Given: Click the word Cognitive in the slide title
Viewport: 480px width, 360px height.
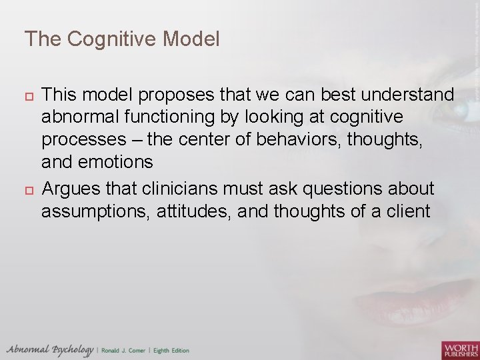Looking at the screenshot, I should pyautogui.click(x=107, y=39).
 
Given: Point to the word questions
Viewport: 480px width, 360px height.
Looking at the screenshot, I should pyautogui.click(x=347, y=189).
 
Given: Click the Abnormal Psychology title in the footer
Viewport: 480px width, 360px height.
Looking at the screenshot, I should pyautogui.click(x=49, y=349).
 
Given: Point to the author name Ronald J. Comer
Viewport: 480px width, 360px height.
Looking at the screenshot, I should pyautogui.click(x=124, y=351).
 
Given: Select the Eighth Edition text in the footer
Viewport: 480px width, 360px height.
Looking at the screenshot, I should pyautogui.click(x=171, y=351).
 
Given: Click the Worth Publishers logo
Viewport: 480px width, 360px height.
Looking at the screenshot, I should pyautogui.click(x=460, y=349).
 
